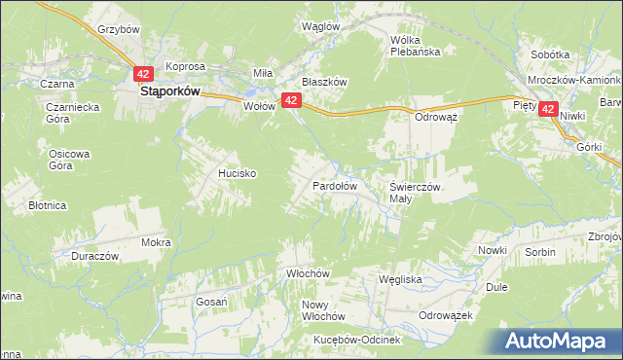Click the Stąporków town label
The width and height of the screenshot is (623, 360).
coord(169,90)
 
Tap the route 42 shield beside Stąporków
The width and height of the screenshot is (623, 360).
coord(143,74)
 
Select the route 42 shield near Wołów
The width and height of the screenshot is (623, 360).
coord(291,99)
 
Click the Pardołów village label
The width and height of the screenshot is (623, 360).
coord(334,185)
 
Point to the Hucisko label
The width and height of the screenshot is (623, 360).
coord(237,172)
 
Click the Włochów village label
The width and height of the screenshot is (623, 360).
coord(304,274)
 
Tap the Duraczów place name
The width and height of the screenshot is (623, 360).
coord(94,256)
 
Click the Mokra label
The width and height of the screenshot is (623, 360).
coord(156,242)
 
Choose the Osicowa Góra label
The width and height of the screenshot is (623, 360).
coord(69,160)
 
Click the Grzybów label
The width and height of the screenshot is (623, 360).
coord(120,29)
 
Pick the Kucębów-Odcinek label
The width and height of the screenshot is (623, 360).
coord(357,340)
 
